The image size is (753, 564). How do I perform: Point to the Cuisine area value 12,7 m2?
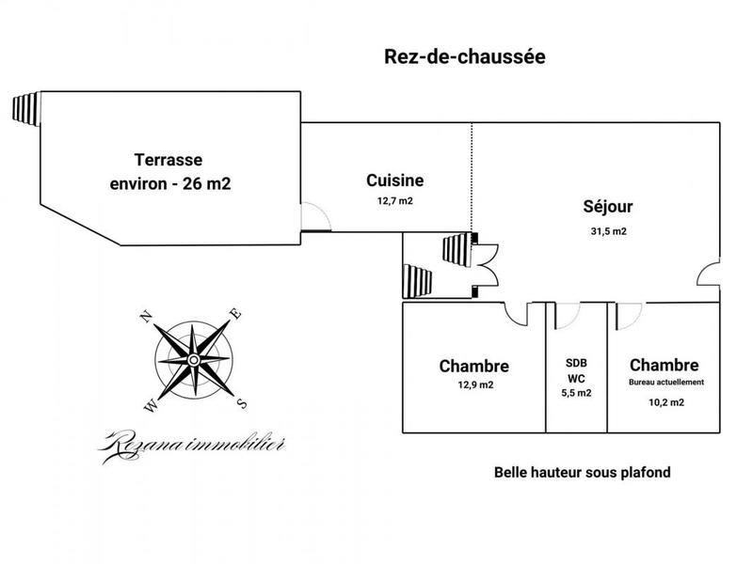point(394,200)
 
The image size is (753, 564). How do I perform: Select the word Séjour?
point(607,206)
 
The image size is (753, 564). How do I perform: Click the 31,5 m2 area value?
point(607,231)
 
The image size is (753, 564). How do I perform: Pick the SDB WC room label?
point(576,369)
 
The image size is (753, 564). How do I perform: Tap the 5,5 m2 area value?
point(576,393)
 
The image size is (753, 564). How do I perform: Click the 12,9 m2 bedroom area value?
point(474,385)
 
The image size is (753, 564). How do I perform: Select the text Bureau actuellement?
point(665,383)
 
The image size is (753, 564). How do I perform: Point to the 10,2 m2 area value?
point(665,401)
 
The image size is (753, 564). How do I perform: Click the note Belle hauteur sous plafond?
point(582,473)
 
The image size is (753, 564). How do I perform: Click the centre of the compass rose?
point(193,360)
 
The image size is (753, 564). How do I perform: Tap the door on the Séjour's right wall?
point(709,276)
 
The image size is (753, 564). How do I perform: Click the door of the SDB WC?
point(568,316)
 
